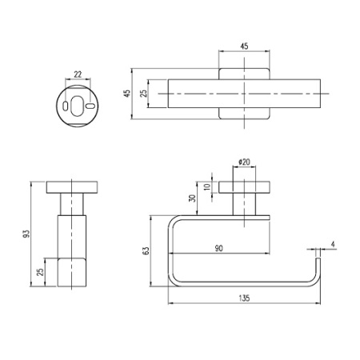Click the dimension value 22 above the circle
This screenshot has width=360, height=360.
(78, 74)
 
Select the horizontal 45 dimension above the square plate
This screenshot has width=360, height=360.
(244, 46)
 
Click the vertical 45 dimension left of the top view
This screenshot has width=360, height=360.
(126, 94)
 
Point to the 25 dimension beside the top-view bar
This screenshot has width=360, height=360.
(144, 94)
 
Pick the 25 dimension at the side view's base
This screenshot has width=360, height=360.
(42, 274)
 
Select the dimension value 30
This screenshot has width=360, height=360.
(192, 198)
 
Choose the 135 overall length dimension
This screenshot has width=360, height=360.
(245, 298)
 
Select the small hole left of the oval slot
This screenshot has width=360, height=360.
(63, 106)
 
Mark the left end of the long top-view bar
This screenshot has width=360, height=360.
(170, 94)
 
